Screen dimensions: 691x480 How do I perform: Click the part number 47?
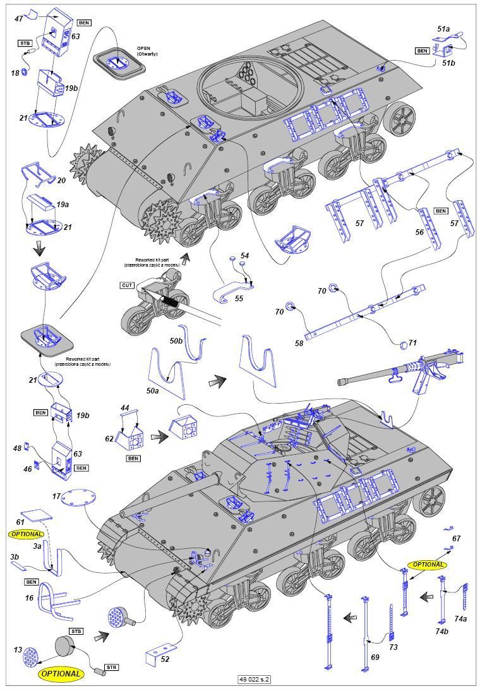click(19, 19)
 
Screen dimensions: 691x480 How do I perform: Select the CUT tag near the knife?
click(128, 285)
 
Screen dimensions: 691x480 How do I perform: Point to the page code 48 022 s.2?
click(254, 680)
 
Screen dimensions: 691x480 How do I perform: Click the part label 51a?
click(443, 29)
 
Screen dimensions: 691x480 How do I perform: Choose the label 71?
click(412, 342)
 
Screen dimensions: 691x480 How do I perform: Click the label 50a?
click(153, 391)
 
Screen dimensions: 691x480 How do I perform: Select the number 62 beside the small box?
click(109, 438)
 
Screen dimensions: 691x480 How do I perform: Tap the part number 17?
click(56, 497)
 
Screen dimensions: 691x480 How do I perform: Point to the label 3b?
click(15, 557)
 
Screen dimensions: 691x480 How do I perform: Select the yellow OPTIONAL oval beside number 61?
click(26, 534)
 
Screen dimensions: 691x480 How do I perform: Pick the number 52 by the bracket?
click(165, 659)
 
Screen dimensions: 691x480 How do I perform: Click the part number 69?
click(375, 658)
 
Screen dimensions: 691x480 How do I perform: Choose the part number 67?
click(456, 538)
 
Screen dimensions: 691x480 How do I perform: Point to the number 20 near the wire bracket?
click(61, 181)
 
